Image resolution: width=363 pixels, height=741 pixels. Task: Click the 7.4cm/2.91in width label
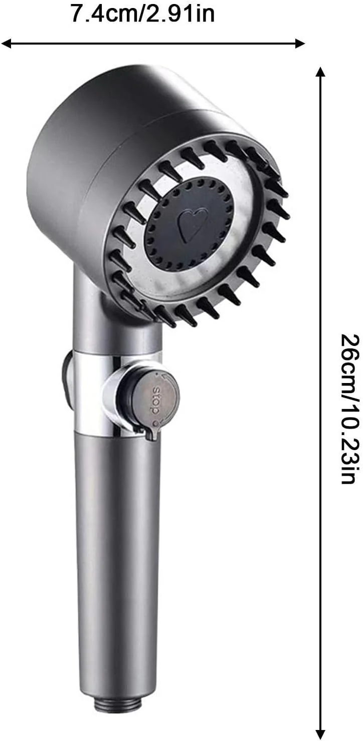[143, 14]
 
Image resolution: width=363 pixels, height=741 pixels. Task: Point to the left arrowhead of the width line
[7, 44]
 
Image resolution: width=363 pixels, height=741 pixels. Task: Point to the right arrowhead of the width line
[299, 44]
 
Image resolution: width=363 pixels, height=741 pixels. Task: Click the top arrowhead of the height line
[319, 72]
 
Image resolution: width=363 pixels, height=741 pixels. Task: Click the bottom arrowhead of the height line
[319, 733]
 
